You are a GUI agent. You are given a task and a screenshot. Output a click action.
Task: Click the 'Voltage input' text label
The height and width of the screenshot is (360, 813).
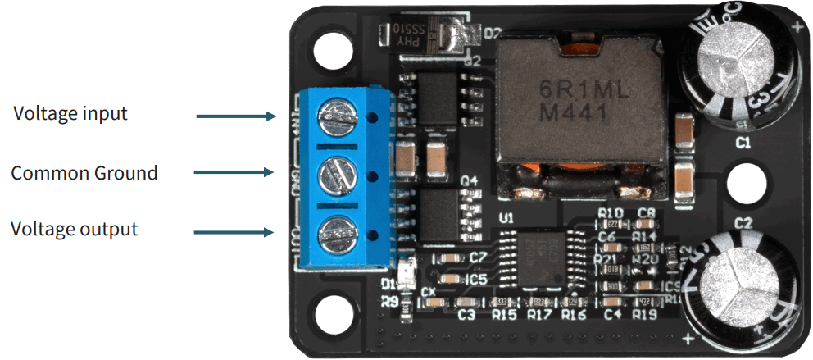pos(70,113)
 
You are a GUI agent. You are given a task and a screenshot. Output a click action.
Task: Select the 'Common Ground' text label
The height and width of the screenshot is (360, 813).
pos(84,173)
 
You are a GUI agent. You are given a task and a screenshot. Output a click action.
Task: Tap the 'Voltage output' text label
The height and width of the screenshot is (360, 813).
pos(74,229)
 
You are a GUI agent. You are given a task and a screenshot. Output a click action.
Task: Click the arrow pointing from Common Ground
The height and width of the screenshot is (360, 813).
pos(233,172)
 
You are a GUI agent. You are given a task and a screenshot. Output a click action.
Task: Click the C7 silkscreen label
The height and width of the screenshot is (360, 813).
pos(478,257)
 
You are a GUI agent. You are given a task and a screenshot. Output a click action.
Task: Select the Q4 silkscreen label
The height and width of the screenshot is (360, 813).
pos(468,180)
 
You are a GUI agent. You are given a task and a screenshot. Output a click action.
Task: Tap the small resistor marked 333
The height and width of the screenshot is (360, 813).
pos(502,301)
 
